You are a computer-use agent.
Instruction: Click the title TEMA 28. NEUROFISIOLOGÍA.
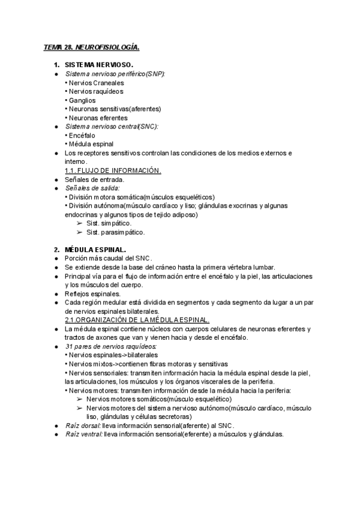91,47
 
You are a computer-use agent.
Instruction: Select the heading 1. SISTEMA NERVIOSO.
98,64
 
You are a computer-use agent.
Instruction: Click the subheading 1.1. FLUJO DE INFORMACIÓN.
113,170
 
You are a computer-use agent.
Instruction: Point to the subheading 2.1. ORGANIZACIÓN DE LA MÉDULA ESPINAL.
137,320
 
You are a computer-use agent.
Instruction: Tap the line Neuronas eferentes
95,118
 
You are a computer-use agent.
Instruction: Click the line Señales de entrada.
94,179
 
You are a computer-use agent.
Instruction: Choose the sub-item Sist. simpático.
109,223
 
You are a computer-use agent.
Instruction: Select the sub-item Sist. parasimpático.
115,232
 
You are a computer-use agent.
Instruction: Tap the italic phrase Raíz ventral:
83,435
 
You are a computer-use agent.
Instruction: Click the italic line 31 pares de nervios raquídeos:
107,346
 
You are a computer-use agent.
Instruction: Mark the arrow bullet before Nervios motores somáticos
79,399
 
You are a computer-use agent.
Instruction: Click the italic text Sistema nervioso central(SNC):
111,127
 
